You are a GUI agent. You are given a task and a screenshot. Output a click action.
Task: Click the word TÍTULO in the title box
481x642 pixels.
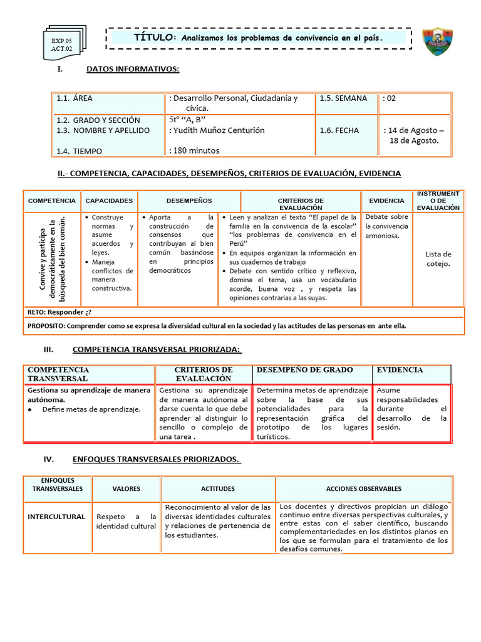[x=155, y=38]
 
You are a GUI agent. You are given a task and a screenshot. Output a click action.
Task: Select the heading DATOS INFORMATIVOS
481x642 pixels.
[x=133, y=69]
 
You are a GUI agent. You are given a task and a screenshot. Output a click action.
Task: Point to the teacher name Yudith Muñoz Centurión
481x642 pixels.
[x=217, y=130]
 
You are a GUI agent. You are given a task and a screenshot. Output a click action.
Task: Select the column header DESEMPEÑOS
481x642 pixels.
[x=189, y=201]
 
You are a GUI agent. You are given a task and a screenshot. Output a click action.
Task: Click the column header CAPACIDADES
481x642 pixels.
[x=109, y=201]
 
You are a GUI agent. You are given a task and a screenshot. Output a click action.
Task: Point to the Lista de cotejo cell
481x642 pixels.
[x=438, y=258]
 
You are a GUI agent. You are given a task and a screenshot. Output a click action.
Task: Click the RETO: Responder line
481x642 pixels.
[x=63, y=312]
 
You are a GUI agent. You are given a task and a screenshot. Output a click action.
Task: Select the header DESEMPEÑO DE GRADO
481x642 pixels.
[x=305, y=370]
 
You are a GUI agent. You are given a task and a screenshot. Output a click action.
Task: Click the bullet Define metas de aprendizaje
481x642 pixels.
[x=91, y=409]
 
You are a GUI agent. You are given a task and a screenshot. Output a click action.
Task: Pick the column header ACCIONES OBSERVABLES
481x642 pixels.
[x=364, y=488]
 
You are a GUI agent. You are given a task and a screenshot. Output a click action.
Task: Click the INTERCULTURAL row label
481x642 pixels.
[x=56, y=517]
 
